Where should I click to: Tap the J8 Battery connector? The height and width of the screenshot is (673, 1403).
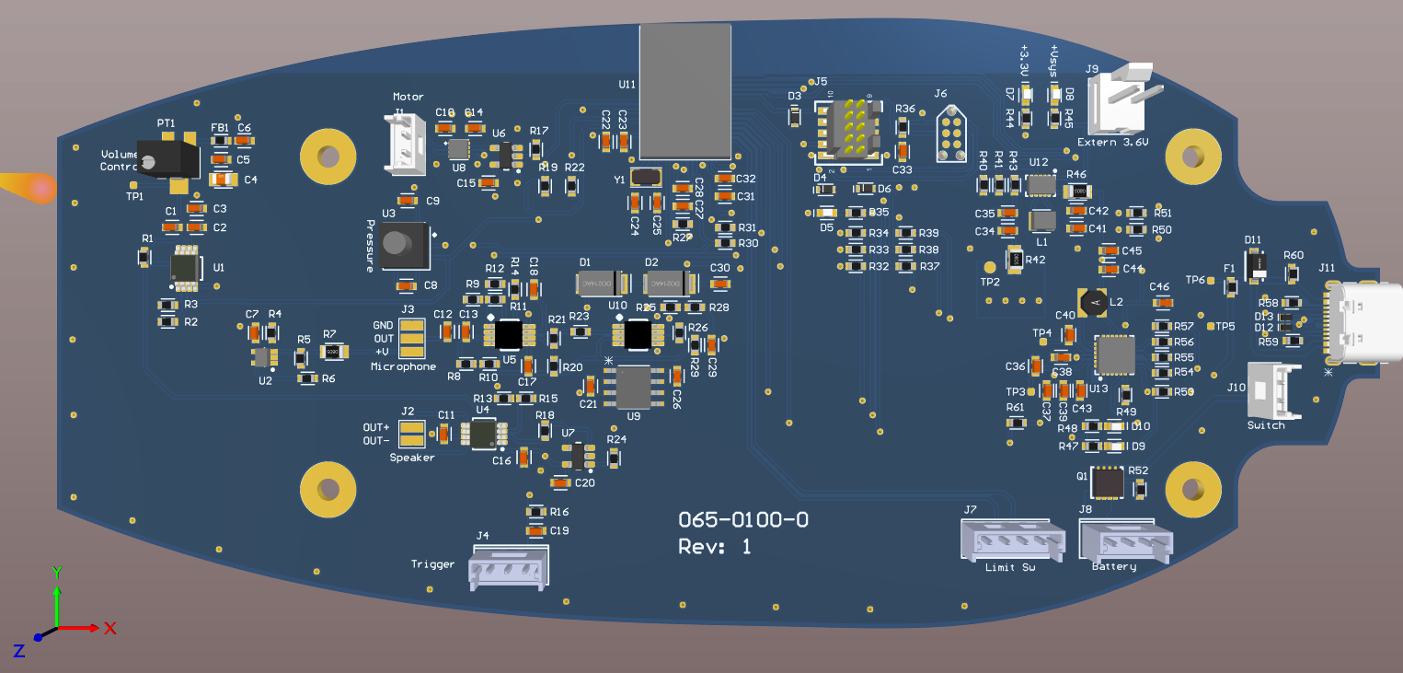tap(1124, 541)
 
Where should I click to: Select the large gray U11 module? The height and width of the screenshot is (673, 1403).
tap(684, 92)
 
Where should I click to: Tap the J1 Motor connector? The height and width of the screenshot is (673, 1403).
tap(405, 144)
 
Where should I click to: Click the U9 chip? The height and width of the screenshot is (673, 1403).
tap(634, 387)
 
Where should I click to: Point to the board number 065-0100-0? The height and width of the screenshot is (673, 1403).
tap(743, 519)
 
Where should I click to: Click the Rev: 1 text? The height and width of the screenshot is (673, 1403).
tap(715, 547)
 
